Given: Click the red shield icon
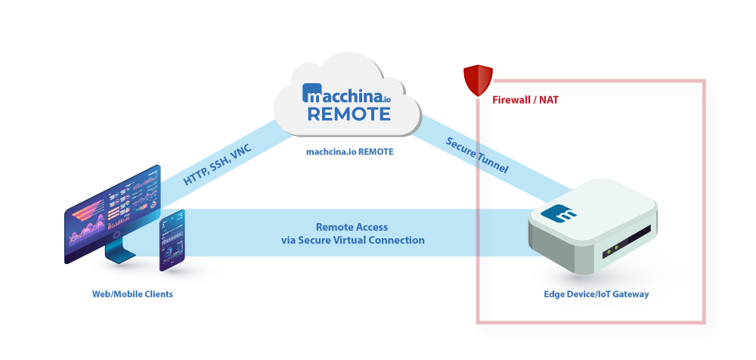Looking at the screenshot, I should [478, 80].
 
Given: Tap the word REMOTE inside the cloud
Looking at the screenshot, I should [349, 114].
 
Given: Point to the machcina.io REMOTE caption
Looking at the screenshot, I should [349, 151].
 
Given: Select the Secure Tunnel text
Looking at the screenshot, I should [477, 156].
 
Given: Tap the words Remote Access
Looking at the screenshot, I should [352, 227].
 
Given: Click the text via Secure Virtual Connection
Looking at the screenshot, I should [352, 241].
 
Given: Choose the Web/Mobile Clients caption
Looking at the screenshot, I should [128, 293].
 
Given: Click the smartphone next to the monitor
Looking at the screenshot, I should [173, 241].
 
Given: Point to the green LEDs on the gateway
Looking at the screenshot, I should [617, 247].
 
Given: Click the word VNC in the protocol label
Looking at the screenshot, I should [240, 151].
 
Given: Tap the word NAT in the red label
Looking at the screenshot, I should [549, 100].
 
